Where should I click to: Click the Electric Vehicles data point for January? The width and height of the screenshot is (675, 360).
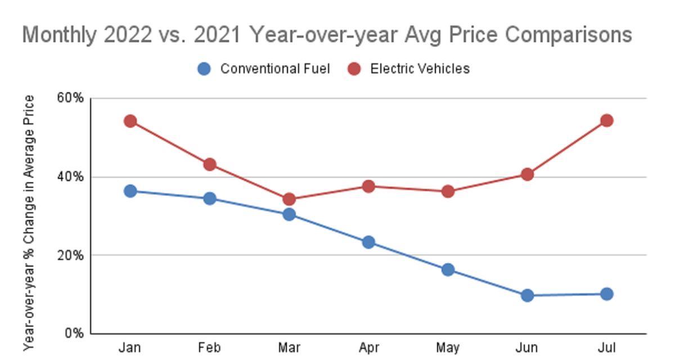(130, 121)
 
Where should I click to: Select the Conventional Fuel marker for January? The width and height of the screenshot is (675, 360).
(130, 191)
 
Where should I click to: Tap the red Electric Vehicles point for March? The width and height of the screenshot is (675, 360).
(289, 199)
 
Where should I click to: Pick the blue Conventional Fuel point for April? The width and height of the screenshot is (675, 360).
(368, 242)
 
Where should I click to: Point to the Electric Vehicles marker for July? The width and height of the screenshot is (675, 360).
(606, 120)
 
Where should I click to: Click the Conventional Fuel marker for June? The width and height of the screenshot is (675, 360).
(527, 295)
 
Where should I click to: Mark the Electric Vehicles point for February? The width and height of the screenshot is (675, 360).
(210, 164)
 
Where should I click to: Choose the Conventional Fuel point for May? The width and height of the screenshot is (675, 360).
(448, 269)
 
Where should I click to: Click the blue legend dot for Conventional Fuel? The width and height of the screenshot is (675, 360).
(204, 69)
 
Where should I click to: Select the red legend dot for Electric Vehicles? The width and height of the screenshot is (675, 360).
(354, 69)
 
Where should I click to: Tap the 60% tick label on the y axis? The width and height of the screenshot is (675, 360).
(70, 98)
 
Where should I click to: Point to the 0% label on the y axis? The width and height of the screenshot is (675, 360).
(73, 333)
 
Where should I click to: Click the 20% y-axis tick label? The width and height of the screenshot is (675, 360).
(70, 255)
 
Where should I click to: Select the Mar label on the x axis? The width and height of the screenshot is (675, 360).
(289, 348)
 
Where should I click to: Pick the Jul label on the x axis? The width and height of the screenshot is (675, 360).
(606, 348)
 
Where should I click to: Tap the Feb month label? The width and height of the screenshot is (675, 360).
(210, 348)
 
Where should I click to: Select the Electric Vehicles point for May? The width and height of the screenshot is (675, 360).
(448, 191)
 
